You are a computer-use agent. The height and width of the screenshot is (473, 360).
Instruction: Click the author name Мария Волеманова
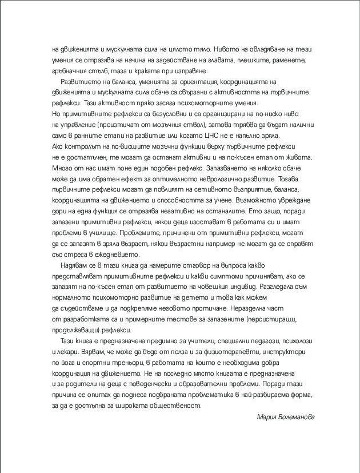[286, 416]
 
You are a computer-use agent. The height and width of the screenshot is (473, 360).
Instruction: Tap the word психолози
[294, 340]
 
